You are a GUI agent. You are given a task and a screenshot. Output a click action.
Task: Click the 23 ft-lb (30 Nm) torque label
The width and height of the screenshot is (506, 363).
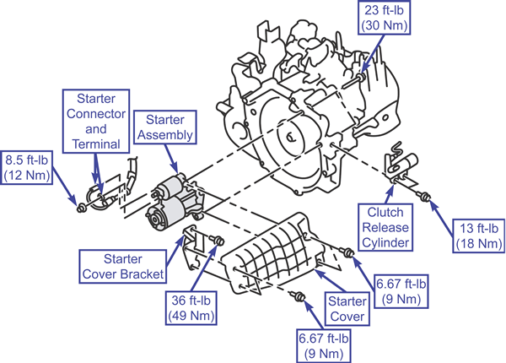tap(384, 18)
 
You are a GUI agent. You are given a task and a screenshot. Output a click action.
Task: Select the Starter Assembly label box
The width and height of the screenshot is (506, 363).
tap(165, 127)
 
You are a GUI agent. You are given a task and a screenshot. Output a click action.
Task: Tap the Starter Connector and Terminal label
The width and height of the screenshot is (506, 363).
tap(96, 121)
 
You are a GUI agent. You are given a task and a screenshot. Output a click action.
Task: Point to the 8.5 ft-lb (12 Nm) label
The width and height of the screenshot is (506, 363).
tap(26, 167)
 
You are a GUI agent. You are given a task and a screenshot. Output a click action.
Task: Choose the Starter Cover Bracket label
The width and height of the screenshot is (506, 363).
tap(123, 267)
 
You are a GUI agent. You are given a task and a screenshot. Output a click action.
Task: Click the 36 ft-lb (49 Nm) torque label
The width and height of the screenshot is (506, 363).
tap(191, 308)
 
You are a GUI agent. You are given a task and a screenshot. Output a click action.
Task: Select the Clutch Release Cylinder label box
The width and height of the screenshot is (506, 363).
tap(385, 227)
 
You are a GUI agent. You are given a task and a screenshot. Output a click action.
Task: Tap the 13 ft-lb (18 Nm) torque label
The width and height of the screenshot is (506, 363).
tap(479, 236)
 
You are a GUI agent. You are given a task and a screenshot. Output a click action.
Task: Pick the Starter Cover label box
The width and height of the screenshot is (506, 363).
tap(347, 309)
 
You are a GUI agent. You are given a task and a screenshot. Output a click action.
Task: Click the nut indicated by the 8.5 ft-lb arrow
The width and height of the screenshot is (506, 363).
tap(81, 208)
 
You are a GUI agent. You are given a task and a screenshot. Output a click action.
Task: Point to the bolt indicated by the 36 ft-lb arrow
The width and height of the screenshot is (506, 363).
tap(218, 241)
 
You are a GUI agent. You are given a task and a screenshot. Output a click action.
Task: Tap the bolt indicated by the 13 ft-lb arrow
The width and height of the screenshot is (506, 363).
tap(423, 195)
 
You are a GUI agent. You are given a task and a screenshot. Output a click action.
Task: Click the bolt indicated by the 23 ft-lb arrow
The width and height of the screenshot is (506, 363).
tap(361, 77)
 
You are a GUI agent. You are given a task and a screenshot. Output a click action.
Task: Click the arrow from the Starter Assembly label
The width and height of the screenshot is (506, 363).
tap(171, 159)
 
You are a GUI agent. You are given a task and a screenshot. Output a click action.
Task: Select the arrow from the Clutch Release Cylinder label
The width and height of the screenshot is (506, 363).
tap(390, 194)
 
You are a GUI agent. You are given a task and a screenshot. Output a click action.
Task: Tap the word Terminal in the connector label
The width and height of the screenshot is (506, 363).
tap(96, 144)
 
